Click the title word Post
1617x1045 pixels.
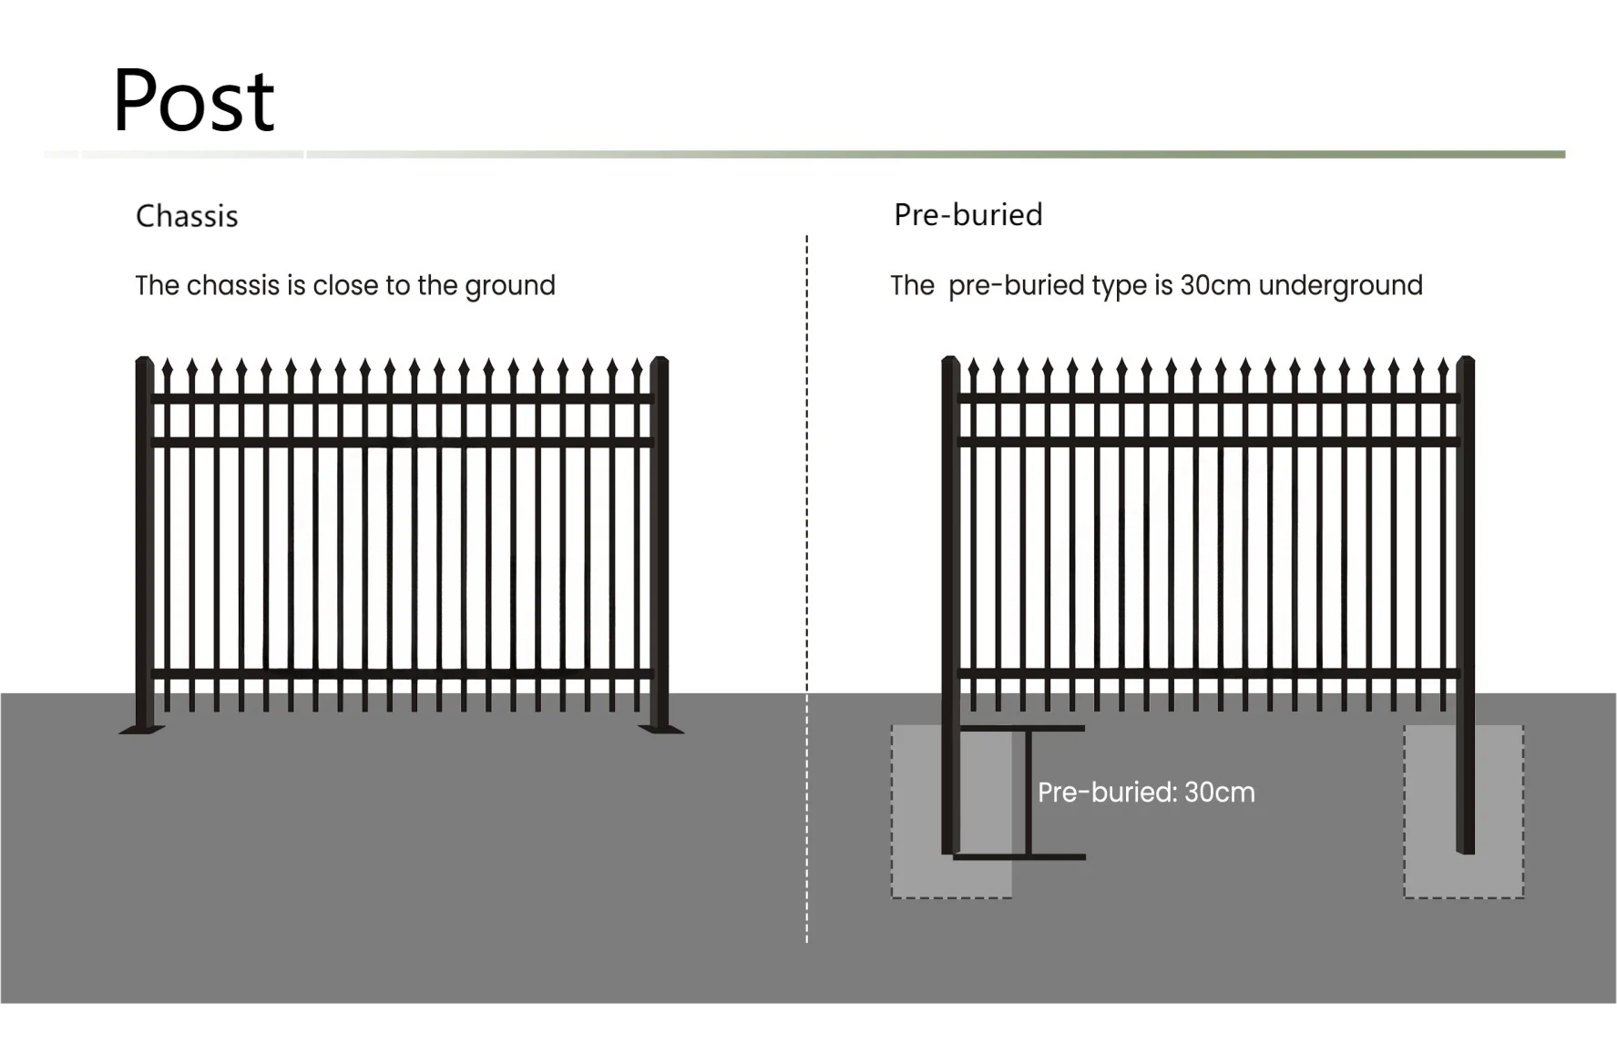pos(193,100)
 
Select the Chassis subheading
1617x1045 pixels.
pos(187,217)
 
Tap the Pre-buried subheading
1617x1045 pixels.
pos(967,215)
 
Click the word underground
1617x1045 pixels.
pos(1340,286)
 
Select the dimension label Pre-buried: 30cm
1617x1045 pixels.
pos(1146,793)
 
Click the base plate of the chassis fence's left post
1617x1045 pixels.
pos(142,729)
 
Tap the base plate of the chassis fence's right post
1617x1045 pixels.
pos(661,729)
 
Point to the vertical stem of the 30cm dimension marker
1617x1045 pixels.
pos(1029,793)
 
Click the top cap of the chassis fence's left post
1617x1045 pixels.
pos(144,362)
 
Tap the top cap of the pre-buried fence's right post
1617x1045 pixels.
pos(1465,361)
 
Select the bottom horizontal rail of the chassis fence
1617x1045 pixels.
pos(401,674)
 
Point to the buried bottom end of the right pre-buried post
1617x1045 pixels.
pos(1465,847)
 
